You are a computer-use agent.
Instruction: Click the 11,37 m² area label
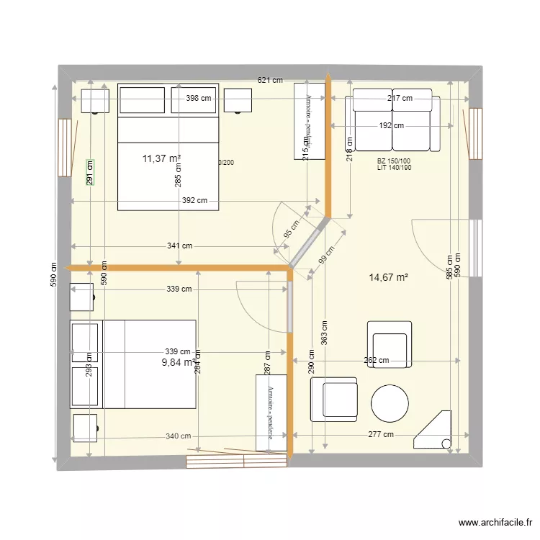click(161, 158)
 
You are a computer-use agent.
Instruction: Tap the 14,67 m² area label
click(388, 277)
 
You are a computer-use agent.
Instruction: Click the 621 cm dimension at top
click(270, 81)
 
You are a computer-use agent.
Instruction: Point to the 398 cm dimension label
click(197, 99)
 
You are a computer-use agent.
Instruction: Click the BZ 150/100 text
click(393, 161)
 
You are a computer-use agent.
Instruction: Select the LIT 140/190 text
click(393, 168)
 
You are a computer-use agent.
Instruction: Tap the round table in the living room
click(390, 403)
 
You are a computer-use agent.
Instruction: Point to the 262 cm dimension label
click(376, 361)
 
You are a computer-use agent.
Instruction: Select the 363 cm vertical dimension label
click(325, 335)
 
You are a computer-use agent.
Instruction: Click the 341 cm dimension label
click(179, 246)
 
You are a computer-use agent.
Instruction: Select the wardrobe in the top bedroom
click(310, 120)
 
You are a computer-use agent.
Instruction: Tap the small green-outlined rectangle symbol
click(90, 172)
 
